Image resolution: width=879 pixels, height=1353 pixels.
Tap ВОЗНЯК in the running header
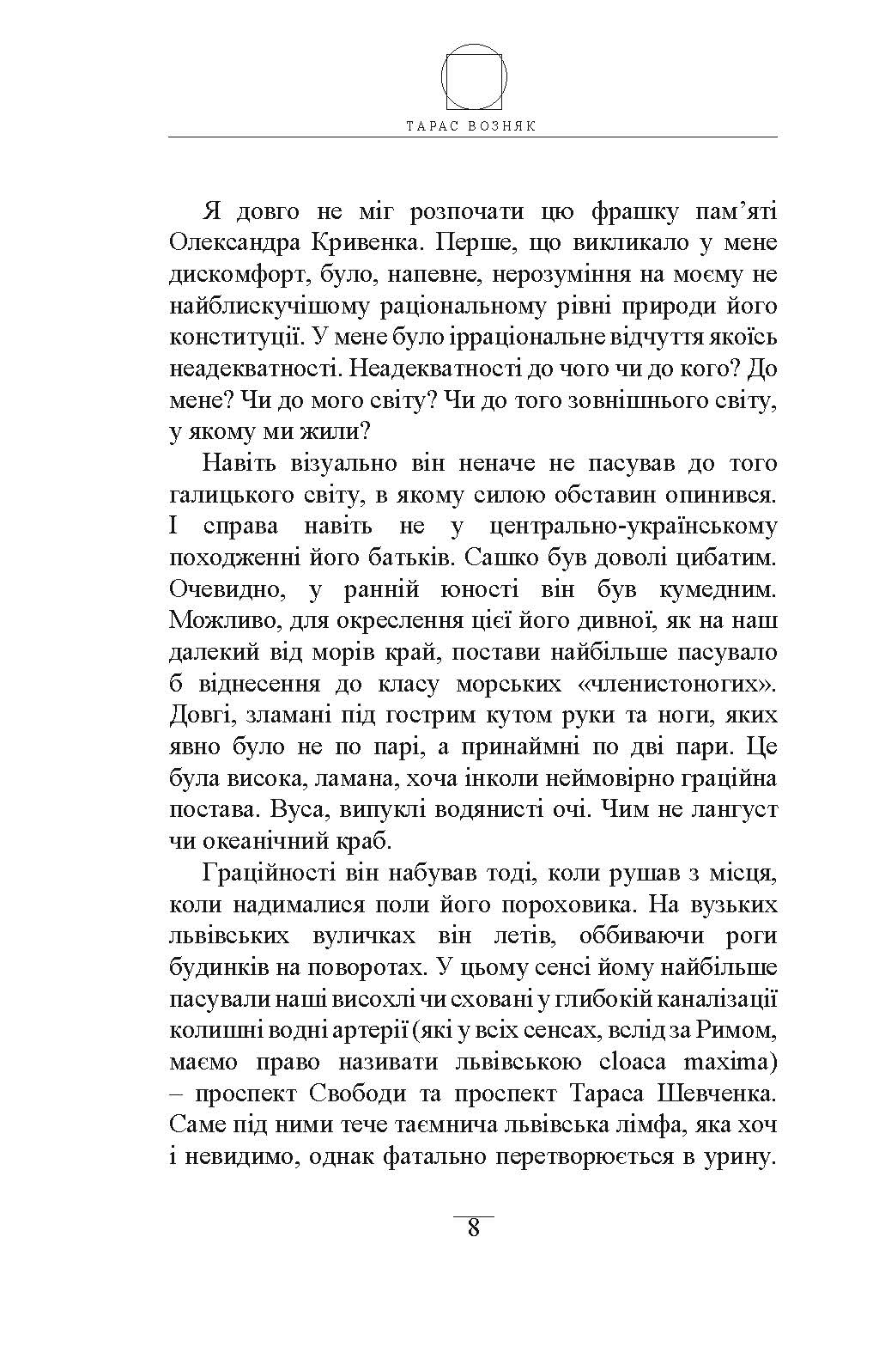pos(506,125)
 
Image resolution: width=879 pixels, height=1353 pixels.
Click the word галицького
pos(227,495)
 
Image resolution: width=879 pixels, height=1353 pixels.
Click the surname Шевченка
pos(717,1094)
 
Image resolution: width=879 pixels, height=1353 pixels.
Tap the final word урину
pos(737,1156)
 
